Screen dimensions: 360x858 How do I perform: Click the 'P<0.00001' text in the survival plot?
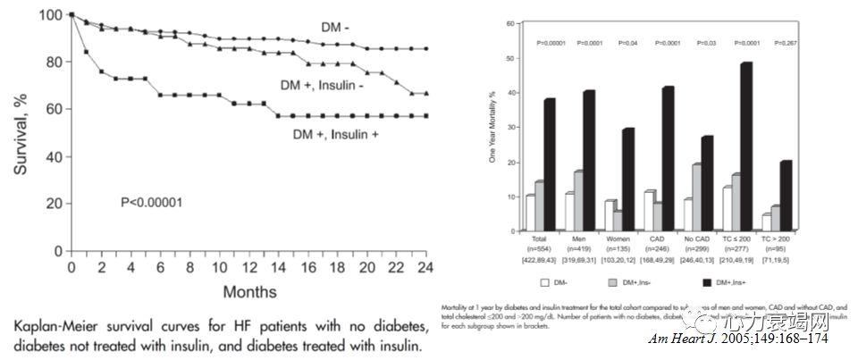[x=152, y=202]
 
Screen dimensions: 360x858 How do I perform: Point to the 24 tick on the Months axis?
[x=426, y=267]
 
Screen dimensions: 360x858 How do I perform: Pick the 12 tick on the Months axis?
[x=248, y=267]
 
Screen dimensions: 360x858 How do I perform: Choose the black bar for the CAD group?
[x=668, y=157]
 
